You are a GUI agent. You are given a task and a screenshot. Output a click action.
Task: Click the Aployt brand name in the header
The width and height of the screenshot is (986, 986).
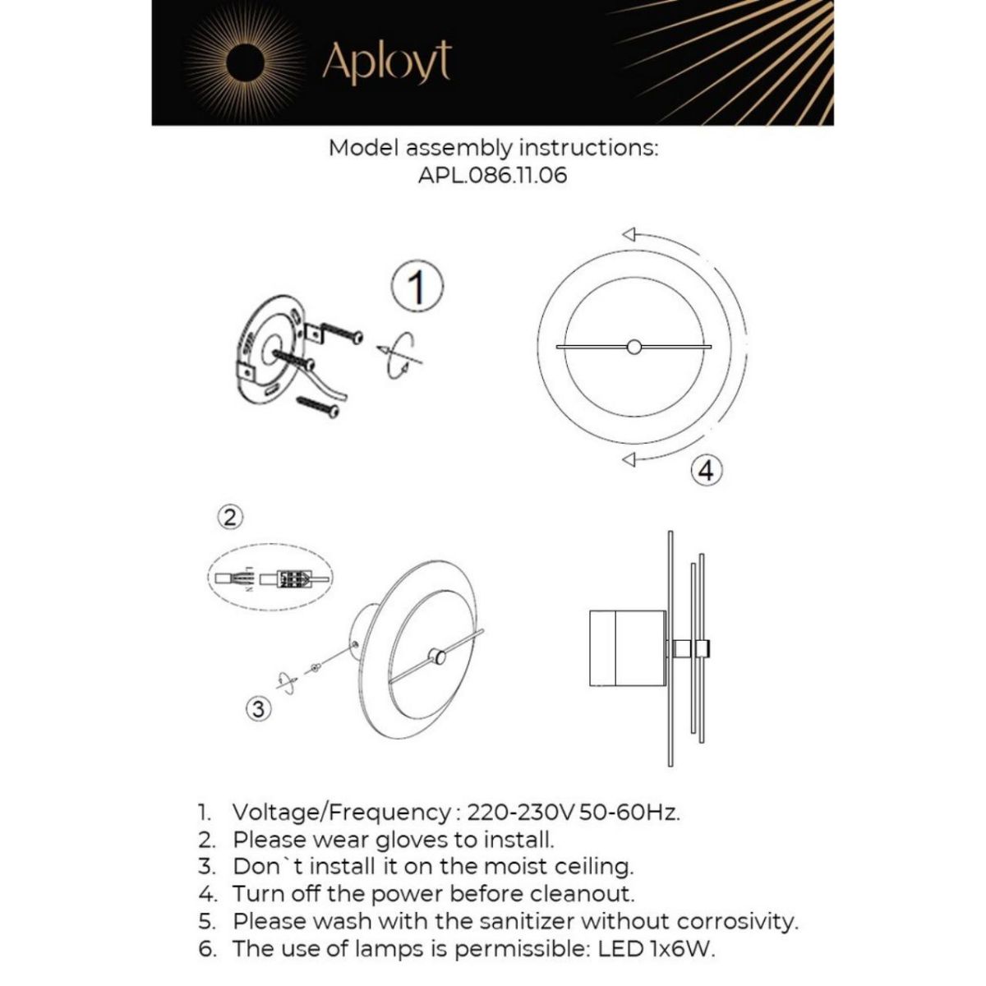pos(386,62)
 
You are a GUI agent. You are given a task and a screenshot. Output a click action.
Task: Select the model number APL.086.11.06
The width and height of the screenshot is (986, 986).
pos(492,175)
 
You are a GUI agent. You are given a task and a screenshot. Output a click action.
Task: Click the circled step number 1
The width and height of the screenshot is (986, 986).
pos(417,288)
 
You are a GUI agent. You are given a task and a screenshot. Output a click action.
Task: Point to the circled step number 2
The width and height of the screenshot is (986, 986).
pos(231,517)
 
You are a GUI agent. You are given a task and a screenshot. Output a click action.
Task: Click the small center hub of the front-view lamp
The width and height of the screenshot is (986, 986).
pos(634,348)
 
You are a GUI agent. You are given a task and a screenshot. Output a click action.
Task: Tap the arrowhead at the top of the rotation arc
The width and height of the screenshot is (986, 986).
pos(629,232)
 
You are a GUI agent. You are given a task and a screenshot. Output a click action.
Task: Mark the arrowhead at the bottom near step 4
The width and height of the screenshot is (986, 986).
pos(630,461)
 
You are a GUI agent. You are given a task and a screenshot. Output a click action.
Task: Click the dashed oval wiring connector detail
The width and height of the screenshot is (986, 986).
pos(270,578)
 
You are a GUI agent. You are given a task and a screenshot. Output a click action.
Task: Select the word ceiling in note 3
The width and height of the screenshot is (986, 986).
pos(590,866)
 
